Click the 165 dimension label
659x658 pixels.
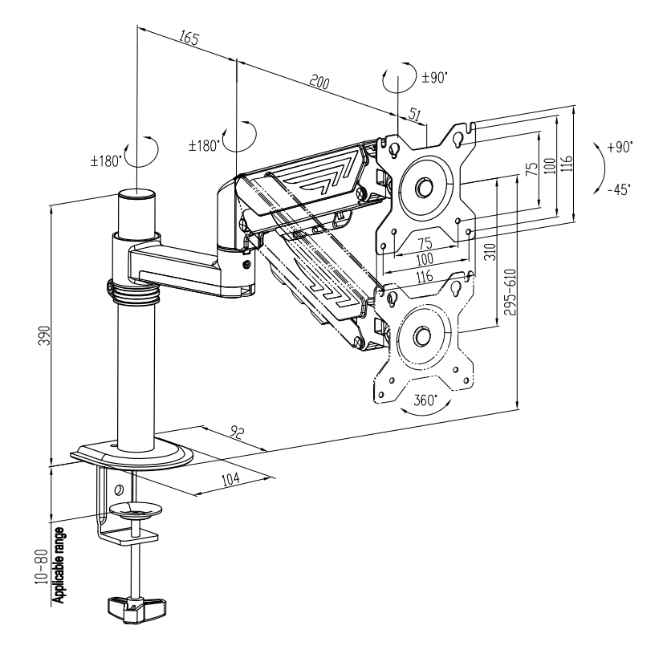coord(189,38)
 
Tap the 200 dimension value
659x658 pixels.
coord(319,82)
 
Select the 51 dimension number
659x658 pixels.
coord(414,114)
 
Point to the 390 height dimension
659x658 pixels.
coord(45,335)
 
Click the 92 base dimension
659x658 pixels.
coord(237,432)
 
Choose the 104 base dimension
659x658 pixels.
coord(230,478)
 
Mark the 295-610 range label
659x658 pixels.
coord(510,292)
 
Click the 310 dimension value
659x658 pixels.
coord(490,251)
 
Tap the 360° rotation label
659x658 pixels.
coord(425,400)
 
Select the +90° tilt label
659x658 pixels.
coord(620,147)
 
